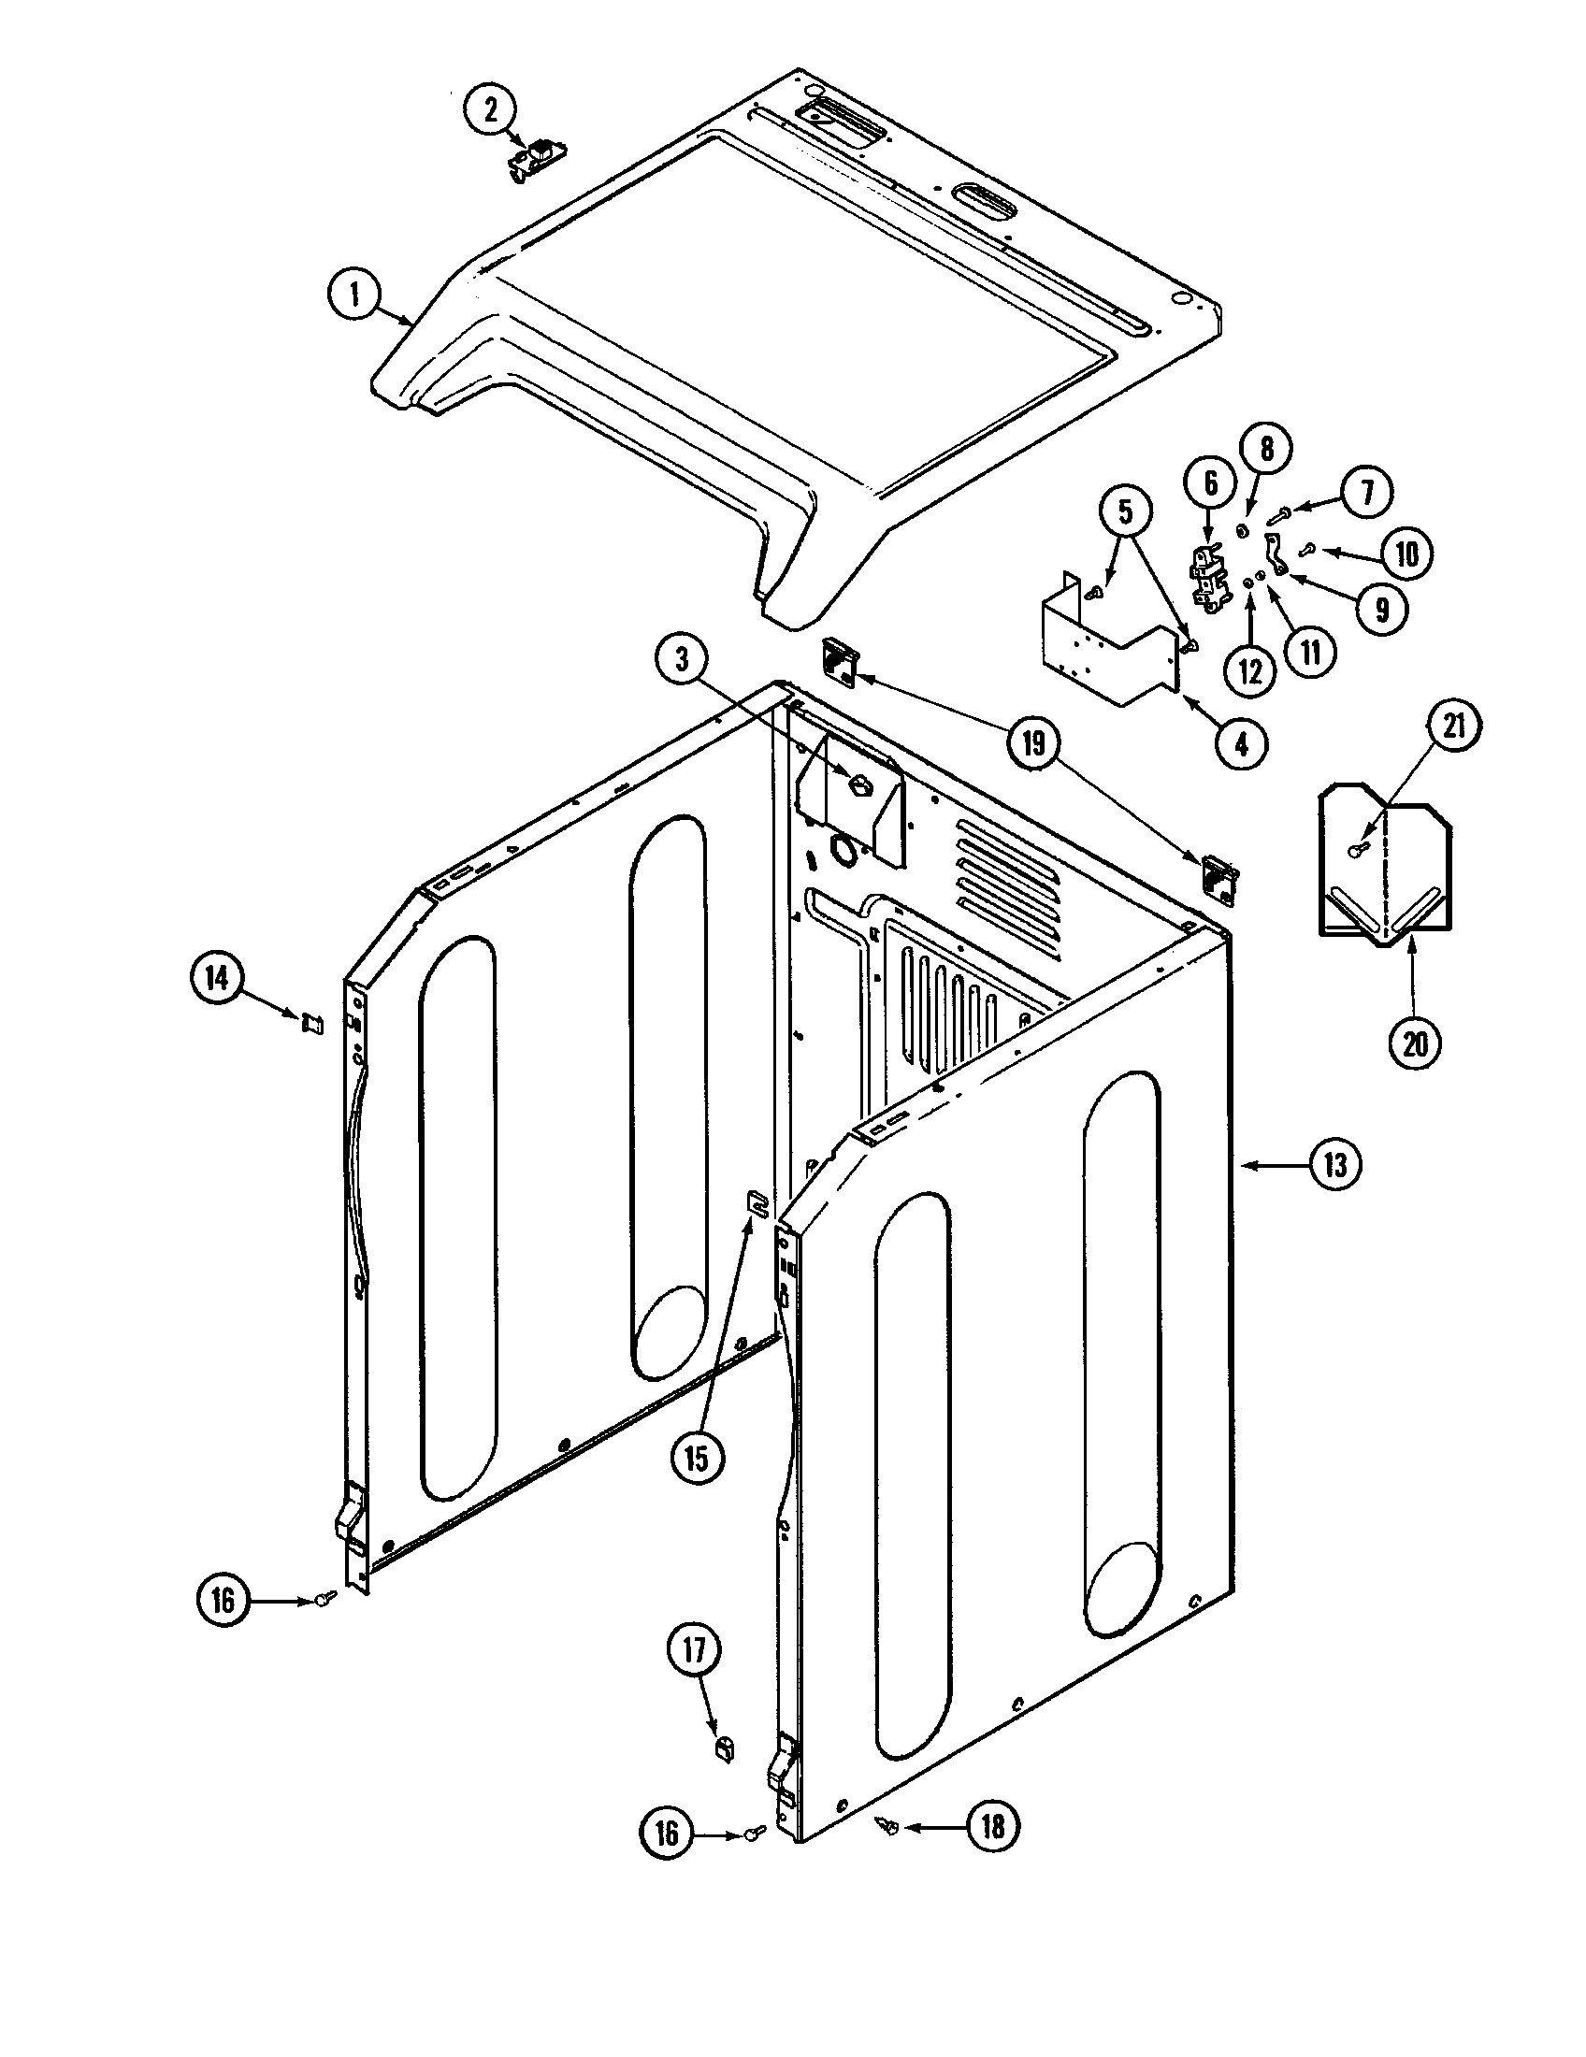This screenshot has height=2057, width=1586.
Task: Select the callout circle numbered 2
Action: click(490, 110)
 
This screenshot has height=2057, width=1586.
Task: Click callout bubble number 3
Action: click(681, 660)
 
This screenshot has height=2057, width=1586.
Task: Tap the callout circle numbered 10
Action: click(1406, 554)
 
